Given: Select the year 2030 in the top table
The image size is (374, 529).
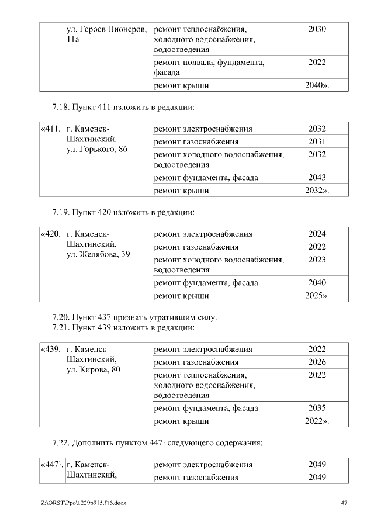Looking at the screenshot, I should (x=317, y=29).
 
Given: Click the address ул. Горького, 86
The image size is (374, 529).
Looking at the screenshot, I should (x=95, y=150).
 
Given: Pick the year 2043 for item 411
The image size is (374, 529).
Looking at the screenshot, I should (x=317, y=178).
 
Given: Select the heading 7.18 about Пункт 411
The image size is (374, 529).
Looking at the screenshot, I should (x=123, y=108).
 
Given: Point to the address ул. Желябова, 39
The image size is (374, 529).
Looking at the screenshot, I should (x=97, y=255).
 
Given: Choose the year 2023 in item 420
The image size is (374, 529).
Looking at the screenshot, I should (x=317, y=260).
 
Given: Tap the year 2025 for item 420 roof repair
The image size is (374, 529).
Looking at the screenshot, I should (x=317, y=296).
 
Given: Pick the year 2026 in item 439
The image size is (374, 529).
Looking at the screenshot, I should (x=317, y=362).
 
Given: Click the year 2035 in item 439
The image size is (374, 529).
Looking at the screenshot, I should (x=317, y=408).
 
